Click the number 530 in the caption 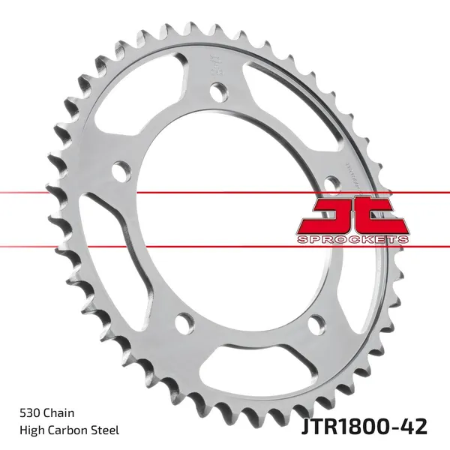click(x=29, y=412)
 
